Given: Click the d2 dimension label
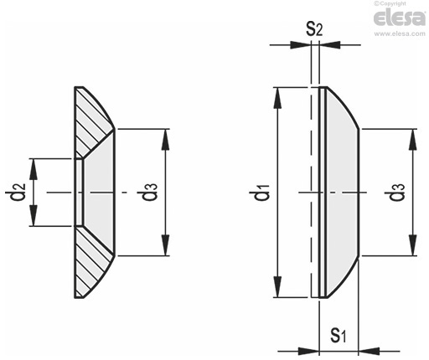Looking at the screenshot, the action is [x=18, y=193].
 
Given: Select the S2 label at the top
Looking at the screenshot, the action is [x=314, y=29].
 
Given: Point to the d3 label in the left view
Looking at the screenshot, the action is [x=149, y=193].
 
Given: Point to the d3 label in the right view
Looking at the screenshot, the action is [x=397, y=193].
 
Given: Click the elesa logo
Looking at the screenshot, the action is [x=400, y=18].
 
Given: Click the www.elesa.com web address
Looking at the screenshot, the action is [x=400, y=33].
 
